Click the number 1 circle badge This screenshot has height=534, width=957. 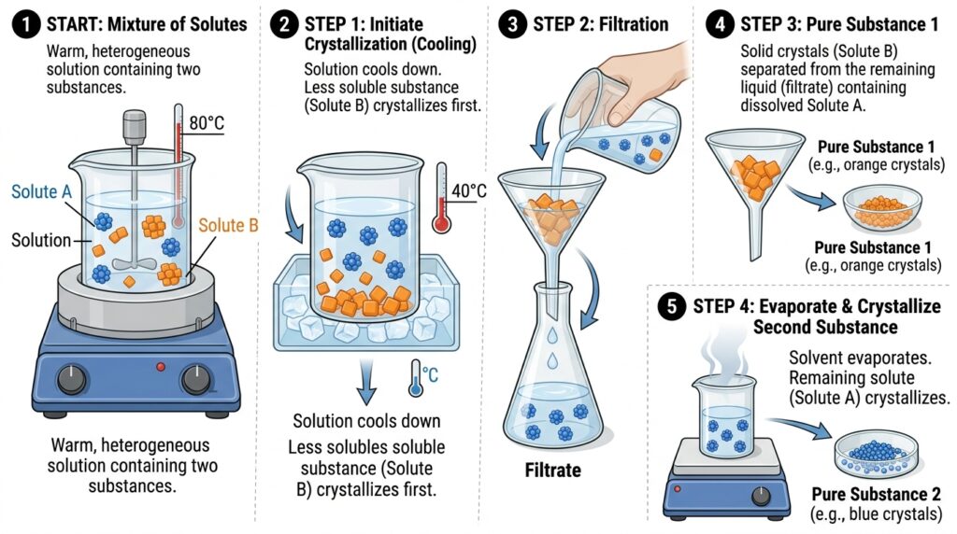pyautogui.click(x=25, y=25)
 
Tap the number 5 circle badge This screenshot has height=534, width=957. pyautogui.click(x=672, y=306)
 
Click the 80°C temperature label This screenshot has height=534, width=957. pyautogui.click(x=207, y=123)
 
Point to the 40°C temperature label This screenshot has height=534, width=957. pyautogui.click(x=469, y=190)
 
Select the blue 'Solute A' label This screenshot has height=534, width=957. pyautogui.click(x=41, y=191)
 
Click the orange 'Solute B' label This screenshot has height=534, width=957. pyautogui.click(x=228, y=225)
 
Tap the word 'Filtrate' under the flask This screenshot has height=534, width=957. pyautogui.click(x=553, y=470)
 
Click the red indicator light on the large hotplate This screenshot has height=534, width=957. pyautogui.click(x=161, y=367)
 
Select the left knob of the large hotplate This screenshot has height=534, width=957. pyautogui.click(x=71, y=379)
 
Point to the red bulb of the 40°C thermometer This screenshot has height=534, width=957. pyautogui.click(x=441, y=222)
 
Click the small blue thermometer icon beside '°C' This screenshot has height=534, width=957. pyautogui.click(x=416, y=378)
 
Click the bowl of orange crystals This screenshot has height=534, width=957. pyautogui.click(x=882, y=209)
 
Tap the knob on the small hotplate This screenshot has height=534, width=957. pyautogui.click(x=761, y=496)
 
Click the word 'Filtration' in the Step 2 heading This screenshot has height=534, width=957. pyautogui.click(x=634, y=24)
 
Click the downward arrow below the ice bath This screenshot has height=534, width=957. pyautogui.click(x=365, y=382)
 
